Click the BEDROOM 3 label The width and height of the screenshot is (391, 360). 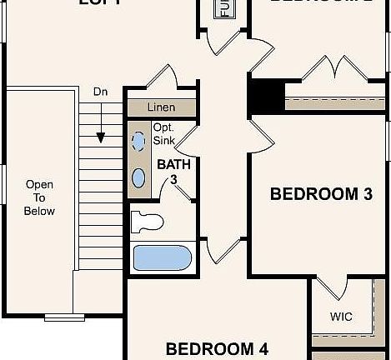coord(321,194)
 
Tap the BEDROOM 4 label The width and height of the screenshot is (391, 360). coord(221,348)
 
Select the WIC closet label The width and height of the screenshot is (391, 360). coord(341,317)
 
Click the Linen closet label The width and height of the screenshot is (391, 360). coord(161,107)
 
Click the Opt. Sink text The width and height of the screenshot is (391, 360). coord(163,134)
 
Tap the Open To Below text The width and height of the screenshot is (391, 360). coord(39,197)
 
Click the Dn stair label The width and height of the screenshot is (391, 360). coord(100,91)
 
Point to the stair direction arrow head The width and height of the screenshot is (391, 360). coord(100,138)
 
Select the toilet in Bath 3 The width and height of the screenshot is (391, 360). coord(148,222)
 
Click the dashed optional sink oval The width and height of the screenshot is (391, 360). coord(139,142)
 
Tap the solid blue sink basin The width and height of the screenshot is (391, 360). coord(139,177)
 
